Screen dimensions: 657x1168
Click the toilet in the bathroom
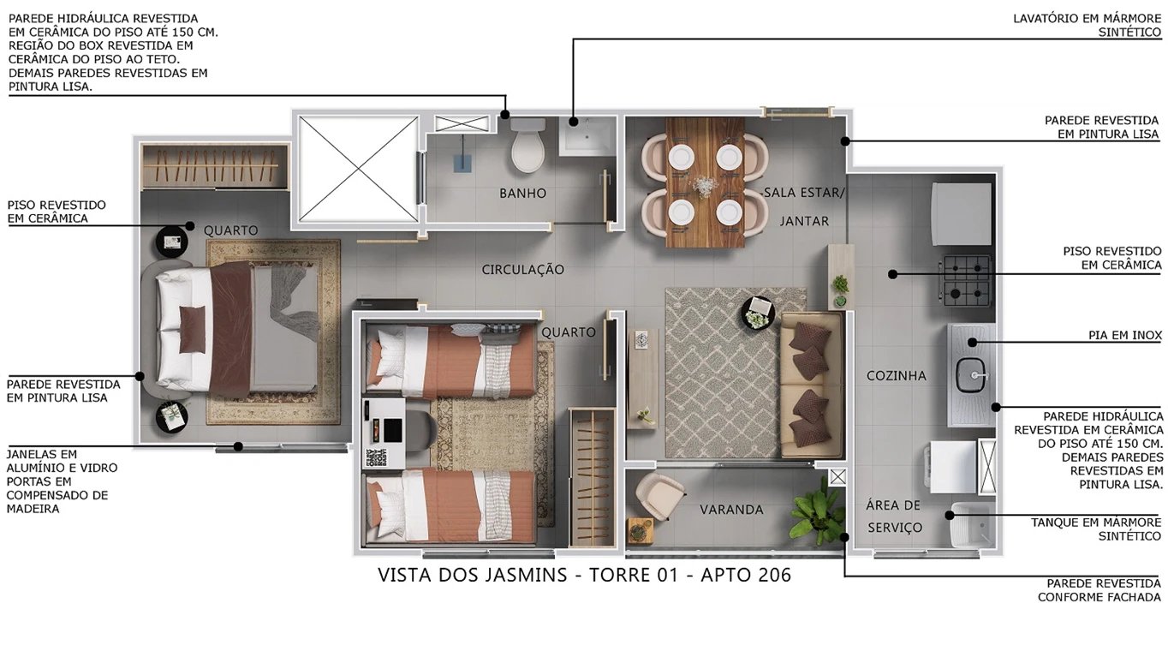click(x=527, y=146)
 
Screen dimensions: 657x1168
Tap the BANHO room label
click(x=522, y=194)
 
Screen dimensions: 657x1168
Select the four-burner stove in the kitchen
click(x=966, y=280)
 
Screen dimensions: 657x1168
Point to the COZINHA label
click(x=896, y=375)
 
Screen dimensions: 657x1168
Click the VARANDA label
click(x=730, y=510)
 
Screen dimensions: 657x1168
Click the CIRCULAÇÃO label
click(x=522, y=270)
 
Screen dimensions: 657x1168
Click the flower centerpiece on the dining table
click(x=705, y=184)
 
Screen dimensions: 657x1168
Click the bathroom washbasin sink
click(x=587, y=135)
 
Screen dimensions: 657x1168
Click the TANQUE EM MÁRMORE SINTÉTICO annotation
click(x=1095, y=529)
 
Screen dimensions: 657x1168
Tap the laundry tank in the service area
click(x=971, y=523)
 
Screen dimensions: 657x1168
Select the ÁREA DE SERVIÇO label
click(x=893, y=517)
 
